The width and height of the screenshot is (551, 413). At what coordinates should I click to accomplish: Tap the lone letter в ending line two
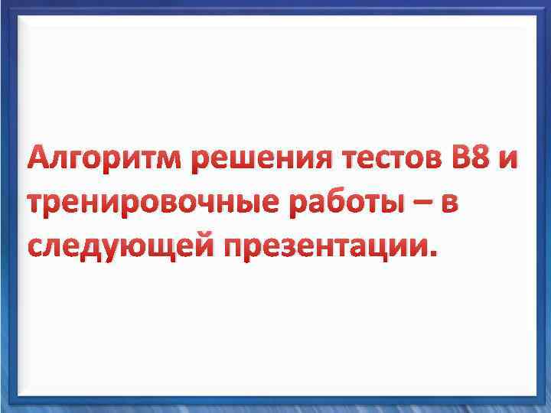(451, 205)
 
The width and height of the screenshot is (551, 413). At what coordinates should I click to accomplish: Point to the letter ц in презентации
(390, 249)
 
